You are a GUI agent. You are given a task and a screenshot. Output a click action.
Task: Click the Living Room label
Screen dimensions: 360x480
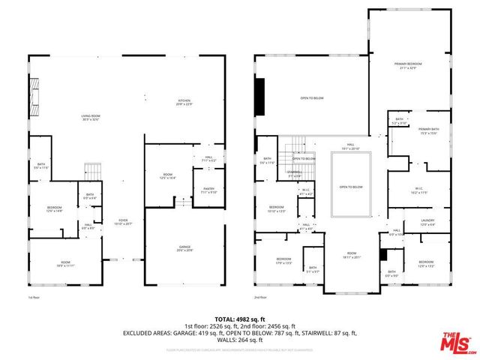tap(91, 117)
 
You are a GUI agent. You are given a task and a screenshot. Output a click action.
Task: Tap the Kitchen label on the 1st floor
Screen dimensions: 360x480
tap(185, 102)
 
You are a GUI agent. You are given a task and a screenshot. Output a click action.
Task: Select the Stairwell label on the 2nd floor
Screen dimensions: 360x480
tap(294, 173)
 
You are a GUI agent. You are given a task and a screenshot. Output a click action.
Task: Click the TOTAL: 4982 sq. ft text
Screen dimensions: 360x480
tap(240, 319)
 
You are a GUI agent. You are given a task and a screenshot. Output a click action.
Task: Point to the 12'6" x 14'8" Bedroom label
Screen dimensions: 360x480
tap(55, 209)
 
